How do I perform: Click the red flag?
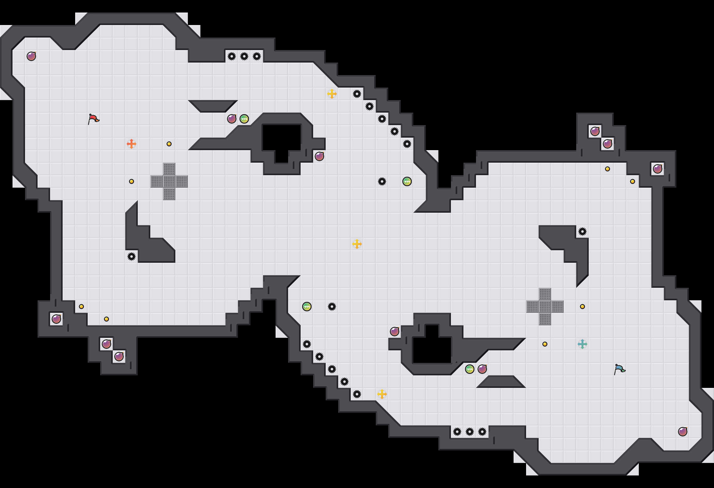tap(93, 119)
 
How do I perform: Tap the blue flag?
tap(619, 369)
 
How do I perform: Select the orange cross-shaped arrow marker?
tap(132, 144)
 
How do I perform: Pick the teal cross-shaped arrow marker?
tap(582, 344)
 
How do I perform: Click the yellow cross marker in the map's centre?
tap(357, 244)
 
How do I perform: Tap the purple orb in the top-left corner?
tap(31, 56)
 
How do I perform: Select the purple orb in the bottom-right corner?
tap(683, 432)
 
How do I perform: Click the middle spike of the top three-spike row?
tap(244, 56)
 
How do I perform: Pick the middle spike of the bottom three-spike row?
tap(470, 432)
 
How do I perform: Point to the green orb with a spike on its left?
tap(407, 181)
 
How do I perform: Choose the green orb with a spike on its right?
tap(307, 307)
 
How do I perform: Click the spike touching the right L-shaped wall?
tap(582, 231)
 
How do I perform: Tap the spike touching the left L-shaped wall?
tap(132, 257)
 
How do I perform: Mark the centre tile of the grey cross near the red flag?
tap(169, 181)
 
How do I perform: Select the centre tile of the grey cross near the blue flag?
tap(545, 307)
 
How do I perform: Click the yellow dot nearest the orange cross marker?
tap(169, 144)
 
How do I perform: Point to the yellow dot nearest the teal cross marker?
tap(545, 344)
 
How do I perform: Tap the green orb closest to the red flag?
tap(244, 119)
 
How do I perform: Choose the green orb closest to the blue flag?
tap(470, 369)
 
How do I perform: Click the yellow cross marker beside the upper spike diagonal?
tap(332, 94)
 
